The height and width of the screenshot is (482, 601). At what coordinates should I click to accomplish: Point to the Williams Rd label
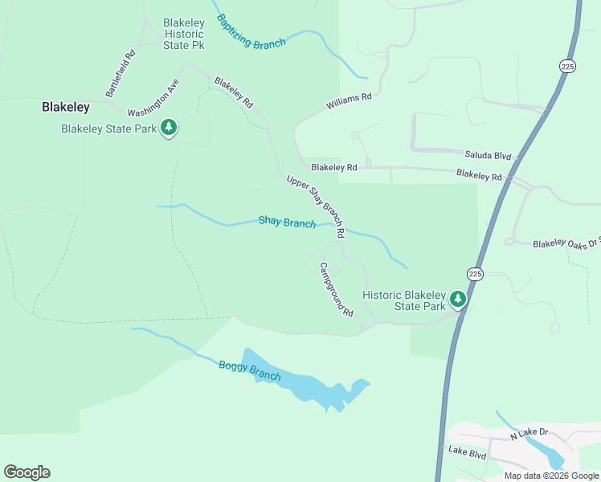click(x=349, y=102)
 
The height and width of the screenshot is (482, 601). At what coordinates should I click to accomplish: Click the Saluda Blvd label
click(x=488, y=153)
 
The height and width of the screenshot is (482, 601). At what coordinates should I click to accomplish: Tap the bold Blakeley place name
click(x=66, y=106)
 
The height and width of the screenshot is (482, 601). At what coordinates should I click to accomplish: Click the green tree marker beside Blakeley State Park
click(x=169, y=127)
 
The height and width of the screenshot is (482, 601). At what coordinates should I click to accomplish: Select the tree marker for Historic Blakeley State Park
click(x=458, y=300)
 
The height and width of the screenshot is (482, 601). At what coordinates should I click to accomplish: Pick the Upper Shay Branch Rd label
click(x=316, y=206)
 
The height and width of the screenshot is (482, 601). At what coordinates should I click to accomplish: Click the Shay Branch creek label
click(x=287, y=223)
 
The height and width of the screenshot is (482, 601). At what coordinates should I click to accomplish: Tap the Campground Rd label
click(x=337, y=289)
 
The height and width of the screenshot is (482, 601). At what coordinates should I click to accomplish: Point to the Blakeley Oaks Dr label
click(x=566, y=243)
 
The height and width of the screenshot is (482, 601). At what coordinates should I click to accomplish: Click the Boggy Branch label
click(x=250, y=370)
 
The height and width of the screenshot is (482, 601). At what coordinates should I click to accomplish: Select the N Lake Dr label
click(x=529, y=433)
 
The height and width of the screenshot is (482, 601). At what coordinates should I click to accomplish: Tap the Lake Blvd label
click(x=468, y=454)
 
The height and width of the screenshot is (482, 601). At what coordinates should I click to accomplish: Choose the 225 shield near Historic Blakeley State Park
click(x=475, y=274)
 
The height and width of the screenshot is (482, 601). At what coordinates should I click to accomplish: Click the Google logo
click(x=27, y=472)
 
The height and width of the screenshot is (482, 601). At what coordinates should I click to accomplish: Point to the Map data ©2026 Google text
click(x=551, y=476)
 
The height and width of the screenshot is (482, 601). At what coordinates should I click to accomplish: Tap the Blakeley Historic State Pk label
click(x=184, y=34)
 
